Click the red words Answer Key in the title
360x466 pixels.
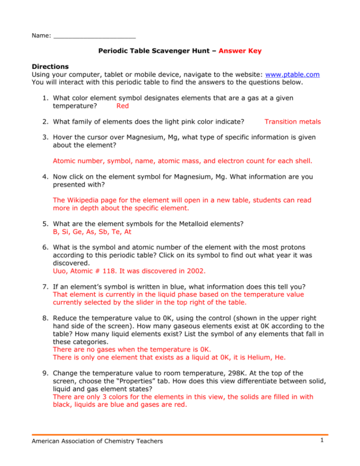(240, 50)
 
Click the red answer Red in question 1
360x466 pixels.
(123, 106)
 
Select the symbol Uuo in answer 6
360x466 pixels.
(60, 271)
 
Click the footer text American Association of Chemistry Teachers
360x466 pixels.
(97, 441)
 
